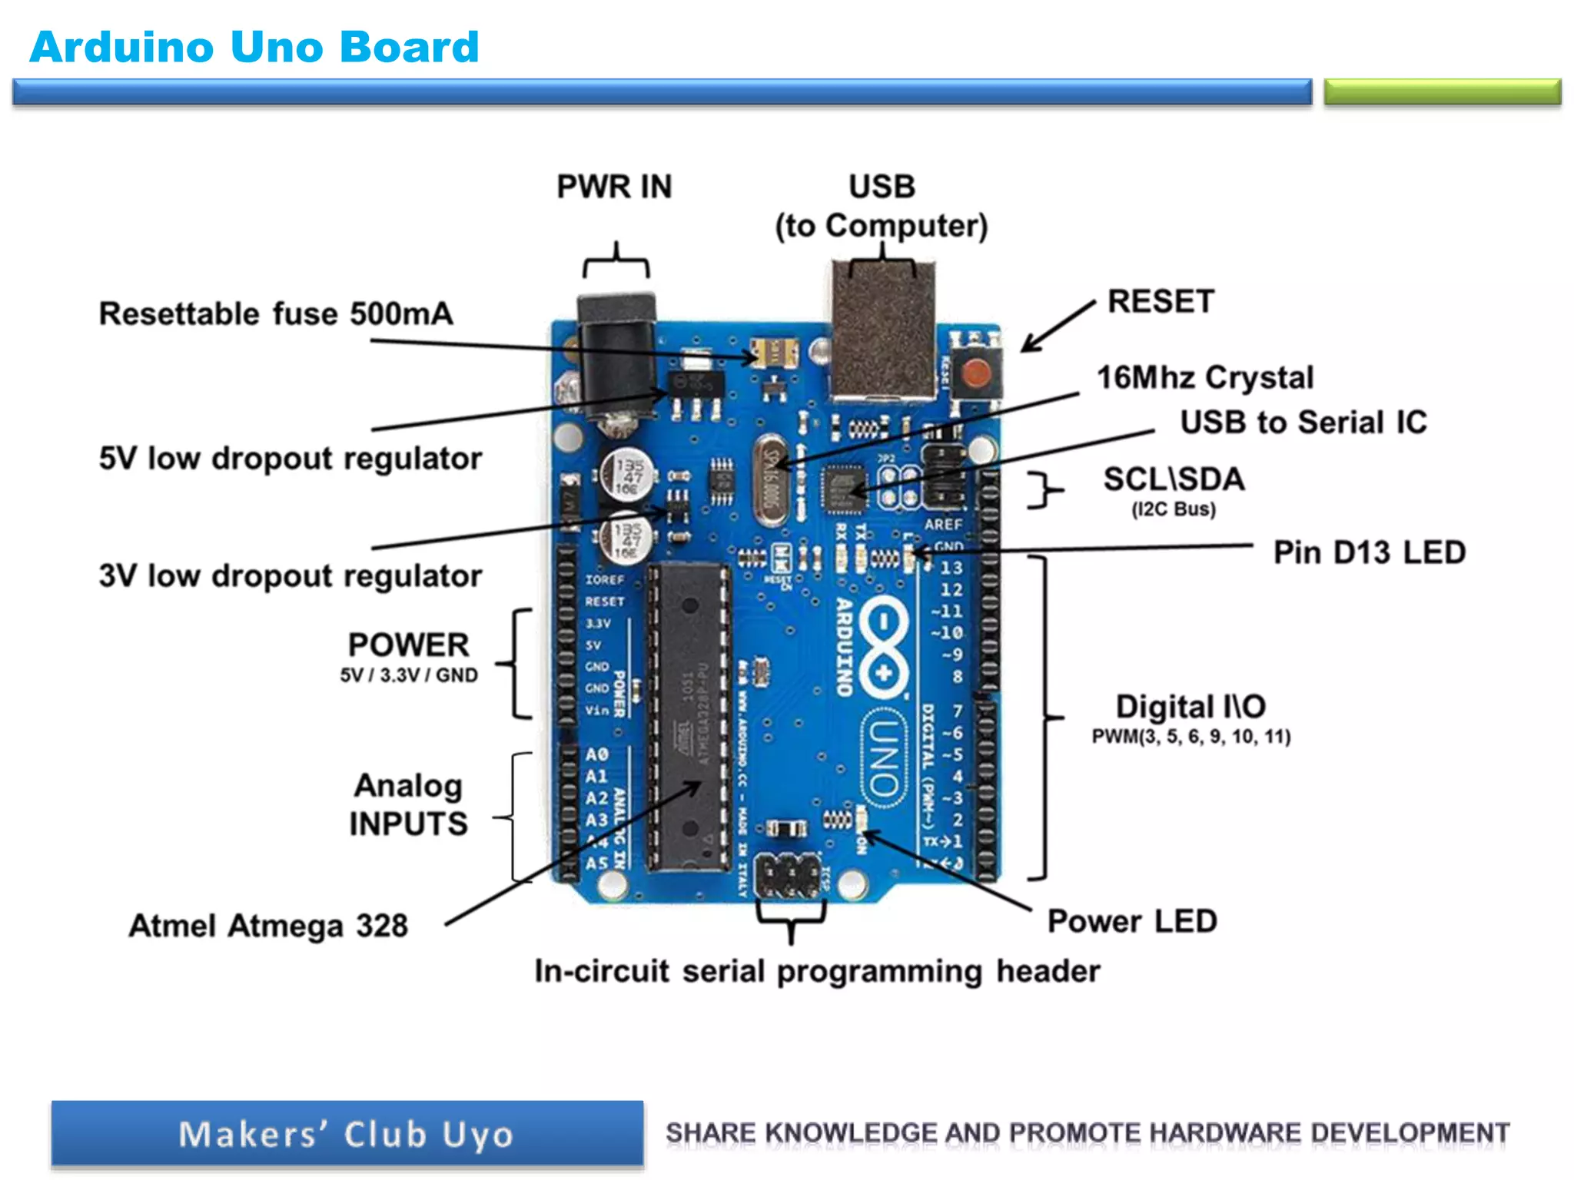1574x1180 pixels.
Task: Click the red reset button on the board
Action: pyautogui.click(x=977, y=374)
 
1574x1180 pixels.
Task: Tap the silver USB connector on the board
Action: pyautogui.click(x=883, y=330)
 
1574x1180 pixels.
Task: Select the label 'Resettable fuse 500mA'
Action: pyautogui.click(x=276, y=314)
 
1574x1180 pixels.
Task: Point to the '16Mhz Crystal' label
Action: pyautogui.click(x=1204, y=378)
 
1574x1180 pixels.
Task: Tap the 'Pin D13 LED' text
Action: pyautogui.click(x=1369, y=552)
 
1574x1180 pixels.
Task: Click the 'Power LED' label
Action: pyautogui.click(x=1132, y=921)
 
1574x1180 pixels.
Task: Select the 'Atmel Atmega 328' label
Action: pyautogui.click(x=268, y=926)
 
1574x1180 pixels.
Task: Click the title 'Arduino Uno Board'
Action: pyautogui.click(x=254, y=47)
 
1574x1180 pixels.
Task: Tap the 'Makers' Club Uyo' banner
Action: pyautogui.click(x=347, y=1135)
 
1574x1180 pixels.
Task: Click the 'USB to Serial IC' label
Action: pyautogui.click(x=1303, y=423)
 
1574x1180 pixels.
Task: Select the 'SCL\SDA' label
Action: pyautogui.click(x=1174, y=479)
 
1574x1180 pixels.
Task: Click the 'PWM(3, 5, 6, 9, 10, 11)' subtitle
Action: pyautogui.click(x=1190, y=737)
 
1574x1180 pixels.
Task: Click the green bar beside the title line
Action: pyautogui.click(x=1442, y=91)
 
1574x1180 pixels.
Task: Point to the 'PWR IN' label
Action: pyautogui.click(x=614, y=187)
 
